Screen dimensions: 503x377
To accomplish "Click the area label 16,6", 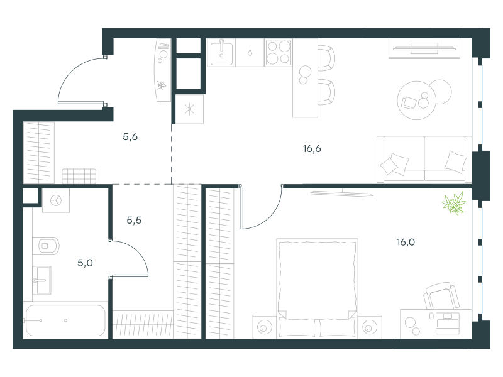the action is point(312,149).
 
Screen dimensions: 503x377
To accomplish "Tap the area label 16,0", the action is point(406,242).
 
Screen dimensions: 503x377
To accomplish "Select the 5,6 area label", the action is point(130,137).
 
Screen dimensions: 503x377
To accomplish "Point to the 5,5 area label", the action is point(134,221).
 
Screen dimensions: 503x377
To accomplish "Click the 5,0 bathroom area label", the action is point(86,263).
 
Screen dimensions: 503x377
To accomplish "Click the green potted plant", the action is point(453,203).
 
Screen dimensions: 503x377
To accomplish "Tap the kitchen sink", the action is point(221,52).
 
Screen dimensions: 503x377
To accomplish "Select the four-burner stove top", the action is point(278,52).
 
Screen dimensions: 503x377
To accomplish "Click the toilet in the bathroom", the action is point(46,246).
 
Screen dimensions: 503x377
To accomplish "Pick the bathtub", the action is point(65,320).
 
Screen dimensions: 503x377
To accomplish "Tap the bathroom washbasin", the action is point(42,280).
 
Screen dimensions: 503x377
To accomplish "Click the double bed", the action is point(318,288).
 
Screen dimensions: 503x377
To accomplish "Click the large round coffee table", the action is point(416,101).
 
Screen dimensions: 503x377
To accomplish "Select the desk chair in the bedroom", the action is point(442,296).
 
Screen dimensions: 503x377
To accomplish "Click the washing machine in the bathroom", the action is point(56,200).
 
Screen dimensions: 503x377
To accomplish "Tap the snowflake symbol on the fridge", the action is point(189,109).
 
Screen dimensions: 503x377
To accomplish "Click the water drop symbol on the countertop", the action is point(250,52).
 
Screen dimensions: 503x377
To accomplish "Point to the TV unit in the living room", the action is point(424,48).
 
